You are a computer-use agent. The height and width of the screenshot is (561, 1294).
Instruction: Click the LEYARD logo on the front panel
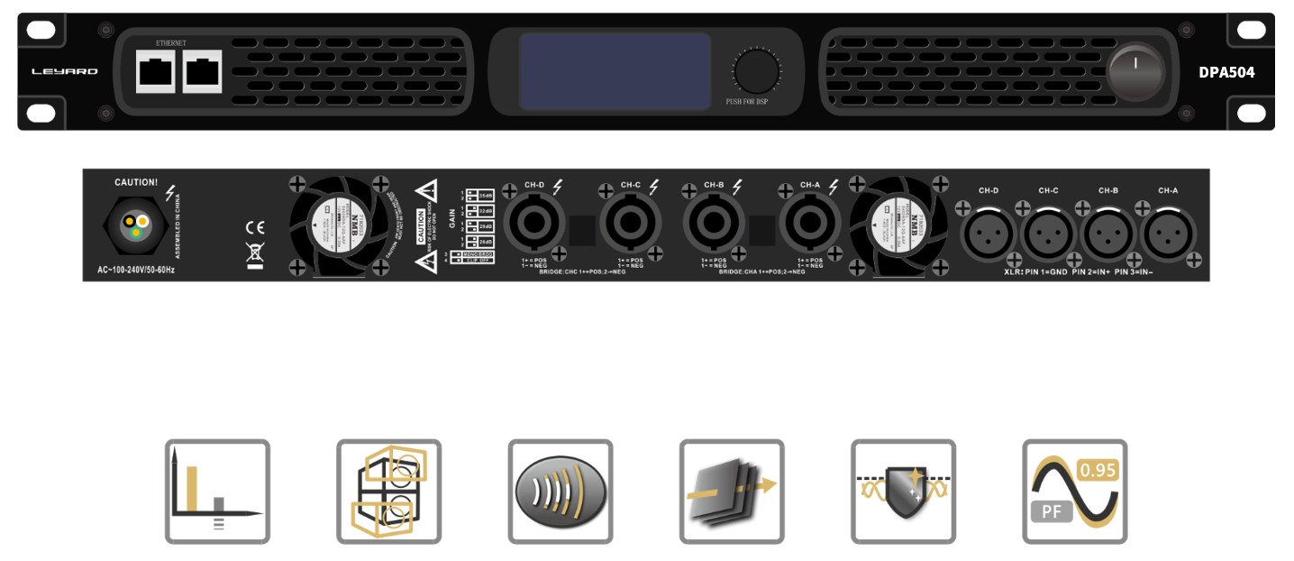click(65, 71)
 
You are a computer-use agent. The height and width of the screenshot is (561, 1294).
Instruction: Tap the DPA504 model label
click(1226, 72)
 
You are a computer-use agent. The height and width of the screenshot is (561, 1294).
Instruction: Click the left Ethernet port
click(156, 70)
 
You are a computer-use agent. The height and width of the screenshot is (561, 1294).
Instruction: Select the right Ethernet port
click(202, 70)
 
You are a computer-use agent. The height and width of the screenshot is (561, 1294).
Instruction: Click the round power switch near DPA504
click(1135, 72)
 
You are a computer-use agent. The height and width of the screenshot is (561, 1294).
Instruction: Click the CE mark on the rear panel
click(255, 228)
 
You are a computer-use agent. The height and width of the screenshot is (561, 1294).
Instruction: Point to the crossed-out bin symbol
click(255, 253)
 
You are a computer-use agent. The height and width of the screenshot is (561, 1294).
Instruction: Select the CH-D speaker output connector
click(535, 225)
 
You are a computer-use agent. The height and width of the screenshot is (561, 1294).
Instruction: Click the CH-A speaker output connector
click(811, 225)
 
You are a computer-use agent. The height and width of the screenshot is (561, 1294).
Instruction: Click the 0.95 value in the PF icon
click(1097, 470)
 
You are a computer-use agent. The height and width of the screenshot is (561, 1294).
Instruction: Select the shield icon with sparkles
click(903, 492)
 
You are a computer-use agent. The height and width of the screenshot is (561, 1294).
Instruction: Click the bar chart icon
click(217, 492)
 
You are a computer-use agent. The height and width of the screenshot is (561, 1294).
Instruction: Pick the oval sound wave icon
click(560, 492)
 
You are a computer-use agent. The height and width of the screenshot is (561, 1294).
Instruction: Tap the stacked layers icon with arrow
click(732, 492)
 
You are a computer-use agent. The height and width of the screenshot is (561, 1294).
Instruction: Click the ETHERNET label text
click(170, 43)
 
